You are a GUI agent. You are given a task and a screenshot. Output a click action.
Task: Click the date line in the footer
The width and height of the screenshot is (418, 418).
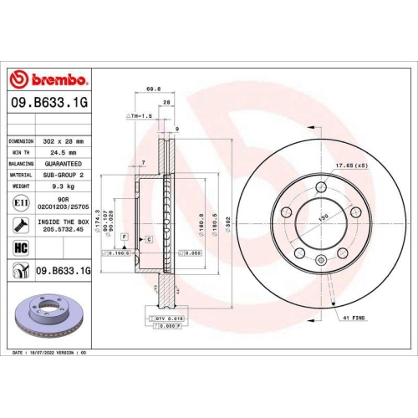[x=50, y=354]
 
